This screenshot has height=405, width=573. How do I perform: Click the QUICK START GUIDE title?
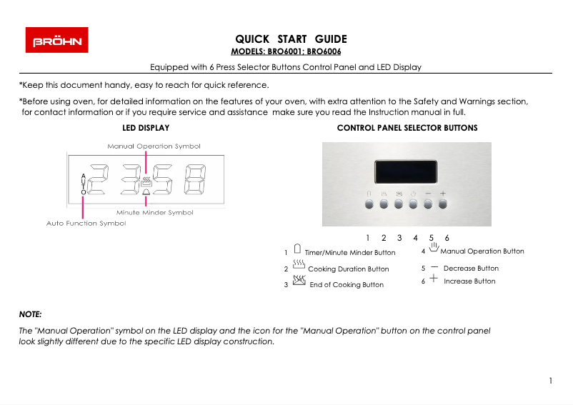[291, 39]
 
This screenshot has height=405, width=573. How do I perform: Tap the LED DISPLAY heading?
[146, 128]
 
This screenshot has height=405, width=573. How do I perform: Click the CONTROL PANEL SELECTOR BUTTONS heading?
[407, 128]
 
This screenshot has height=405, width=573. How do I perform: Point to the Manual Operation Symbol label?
[154, 146]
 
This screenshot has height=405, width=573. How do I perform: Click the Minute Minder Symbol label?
[154, 213]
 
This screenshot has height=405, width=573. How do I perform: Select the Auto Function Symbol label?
[86, 224]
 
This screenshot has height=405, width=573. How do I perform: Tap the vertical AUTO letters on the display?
[84, 184]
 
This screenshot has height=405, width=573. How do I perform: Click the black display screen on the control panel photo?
[407, 171]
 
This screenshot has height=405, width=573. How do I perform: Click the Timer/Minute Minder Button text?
[349, 253]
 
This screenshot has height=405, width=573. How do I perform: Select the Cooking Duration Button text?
[348, 269]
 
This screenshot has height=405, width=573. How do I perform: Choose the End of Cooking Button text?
[346, 285]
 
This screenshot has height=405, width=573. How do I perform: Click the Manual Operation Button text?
[482, 251]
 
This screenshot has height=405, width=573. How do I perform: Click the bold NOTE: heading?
[30, 314]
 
